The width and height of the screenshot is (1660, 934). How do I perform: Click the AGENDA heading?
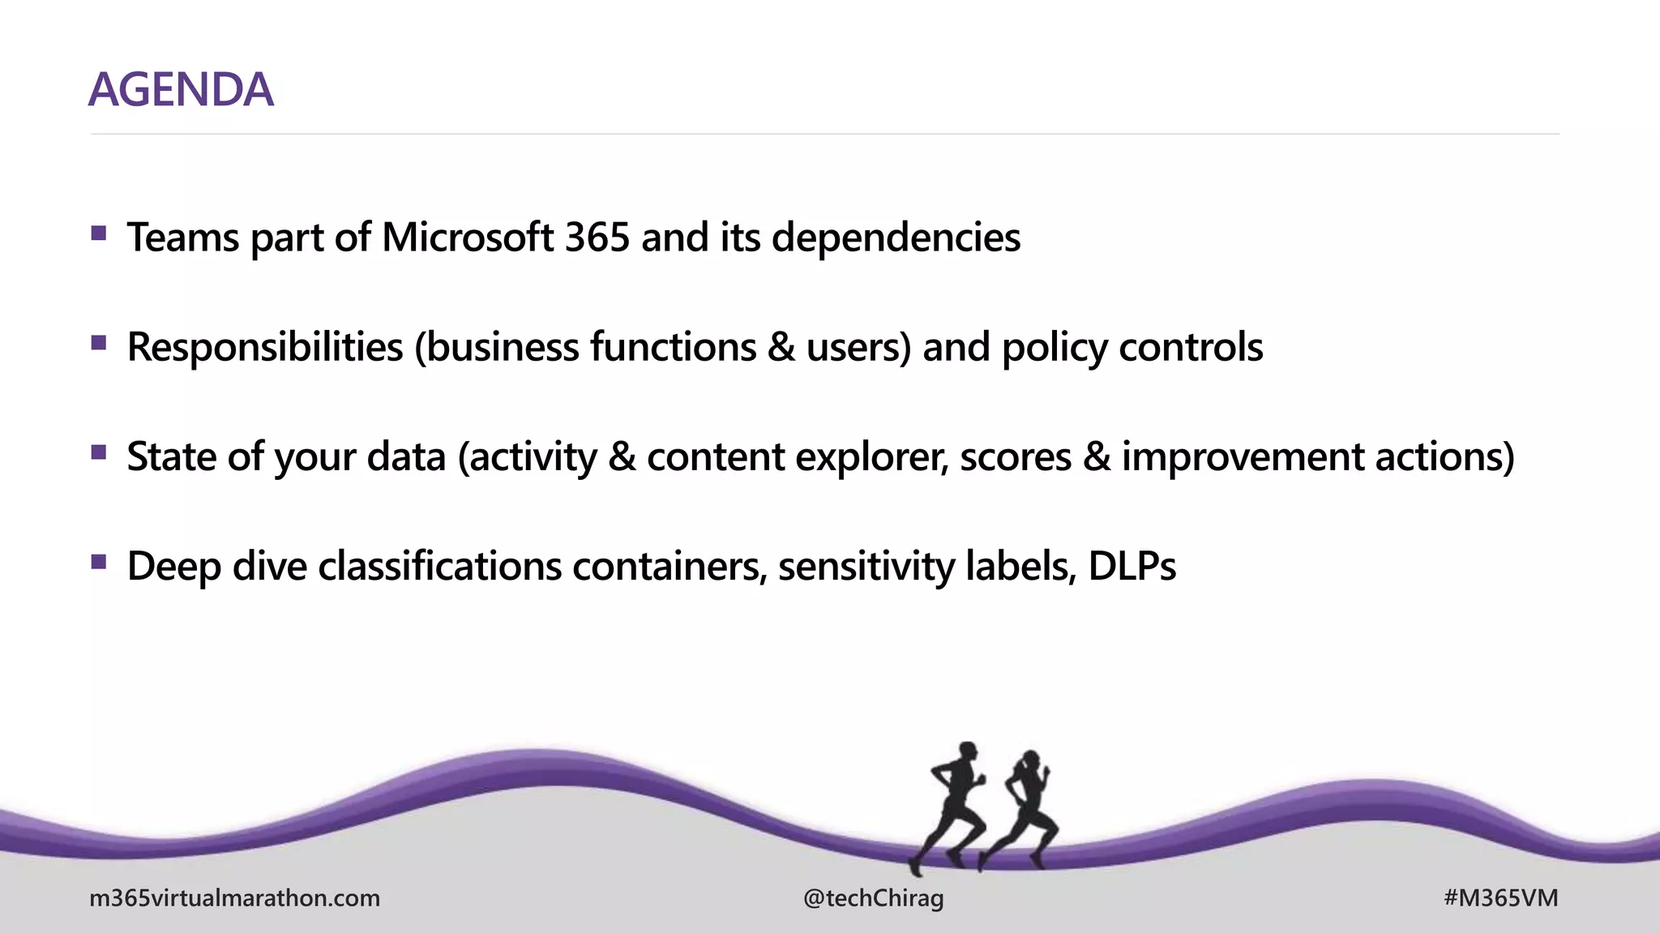[x=181, y=89]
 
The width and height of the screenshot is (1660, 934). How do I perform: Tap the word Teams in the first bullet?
[x=183, y=238]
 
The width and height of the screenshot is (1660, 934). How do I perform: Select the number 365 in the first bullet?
[x=597, y=238]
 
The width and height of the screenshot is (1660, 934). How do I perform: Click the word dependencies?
[x=896, y=238]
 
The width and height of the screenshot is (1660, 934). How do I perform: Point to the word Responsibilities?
[x=265, y=347]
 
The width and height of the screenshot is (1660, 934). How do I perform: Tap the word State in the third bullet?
[x=171, y=456]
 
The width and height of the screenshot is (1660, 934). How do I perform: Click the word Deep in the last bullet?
[x=173, y=567]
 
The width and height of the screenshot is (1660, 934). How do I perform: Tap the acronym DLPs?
[x=1132, y=566]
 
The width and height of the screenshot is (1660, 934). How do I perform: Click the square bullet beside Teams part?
[x=99, y=234]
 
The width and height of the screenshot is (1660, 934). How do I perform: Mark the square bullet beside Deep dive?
[x=99, y=562]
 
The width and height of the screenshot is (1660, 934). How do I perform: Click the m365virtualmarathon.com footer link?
[x=234, y=898]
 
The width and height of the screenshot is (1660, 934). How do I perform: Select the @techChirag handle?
[x=873, y=898]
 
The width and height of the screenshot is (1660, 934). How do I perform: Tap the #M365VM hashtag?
[x=1500, y=898]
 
